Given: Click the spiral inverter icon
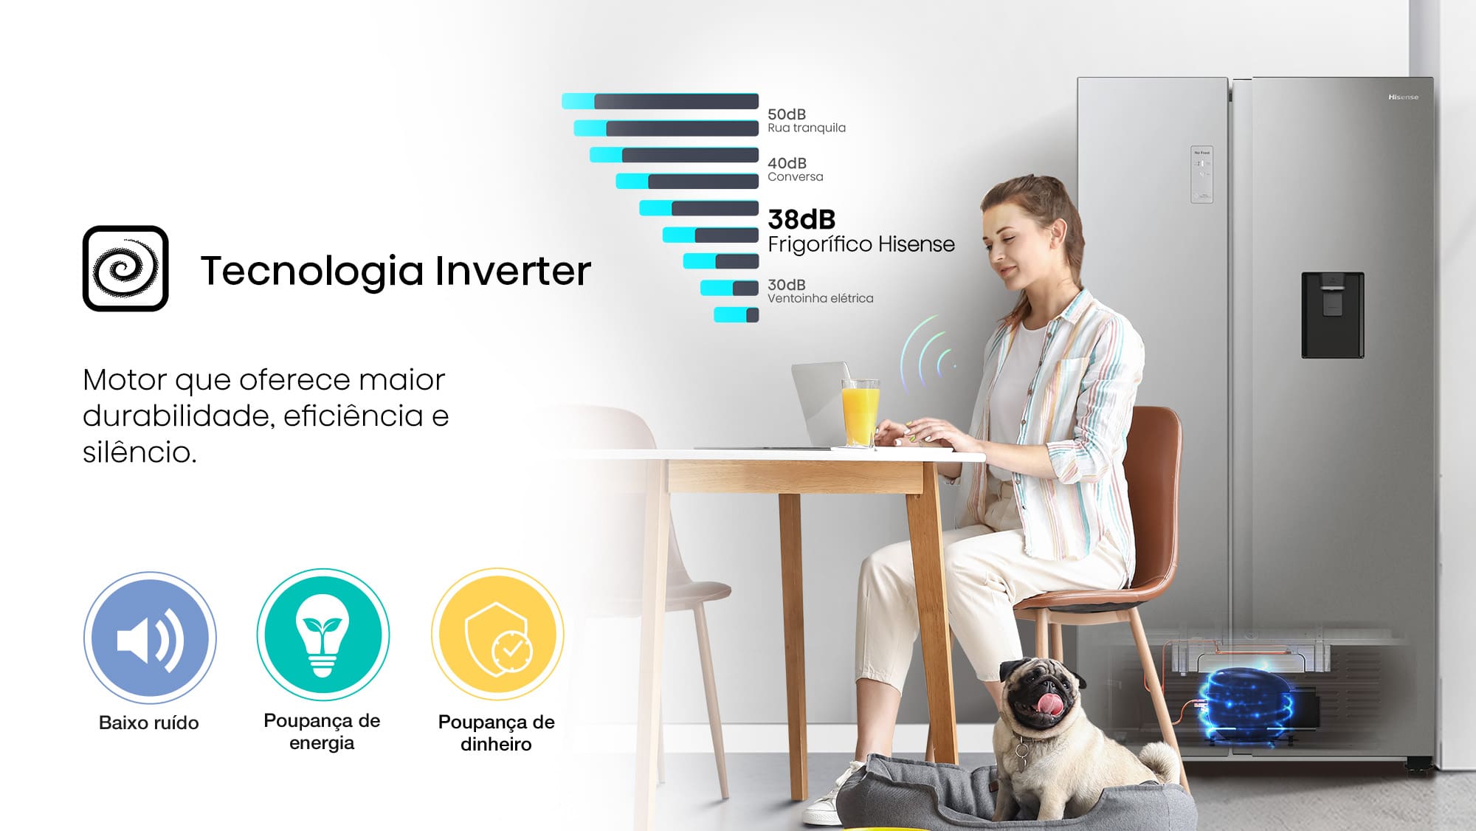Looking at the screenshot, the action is (125, 269).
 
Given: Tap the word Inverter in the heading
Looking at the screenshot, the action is (513, 270).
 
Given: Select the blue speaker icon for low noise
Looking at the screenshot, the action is (150, 638).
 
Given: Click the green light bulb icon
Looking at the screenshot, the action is (323, 635).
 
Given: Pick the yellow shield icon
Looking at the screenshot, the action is (497, 635).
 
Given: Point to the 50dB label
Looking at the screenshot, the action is (787, 114).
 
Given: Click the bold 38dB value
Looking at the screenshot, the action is (801, 219).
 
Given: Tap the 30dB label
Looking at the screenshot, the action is (787, 285).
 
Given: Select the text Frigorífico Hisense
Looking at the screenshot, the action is (861, 244).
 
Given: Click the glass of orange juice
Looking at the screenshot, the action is (861, 413).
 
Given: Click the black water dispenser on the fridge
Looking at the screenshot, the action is (1332, 315).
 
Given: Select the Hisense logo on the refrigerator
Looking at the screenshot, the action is (1403, 97).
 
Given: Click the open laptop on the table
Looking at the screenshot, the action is (819, 406).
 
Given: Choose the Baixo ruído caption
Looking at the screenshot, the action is (149, 723).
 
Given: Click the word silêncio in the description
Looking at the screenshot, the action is (139, 452).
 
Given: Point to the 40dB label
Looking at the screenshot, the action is (787, 163).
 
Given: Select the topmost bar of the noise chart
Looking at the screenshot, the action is (660, 101).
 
